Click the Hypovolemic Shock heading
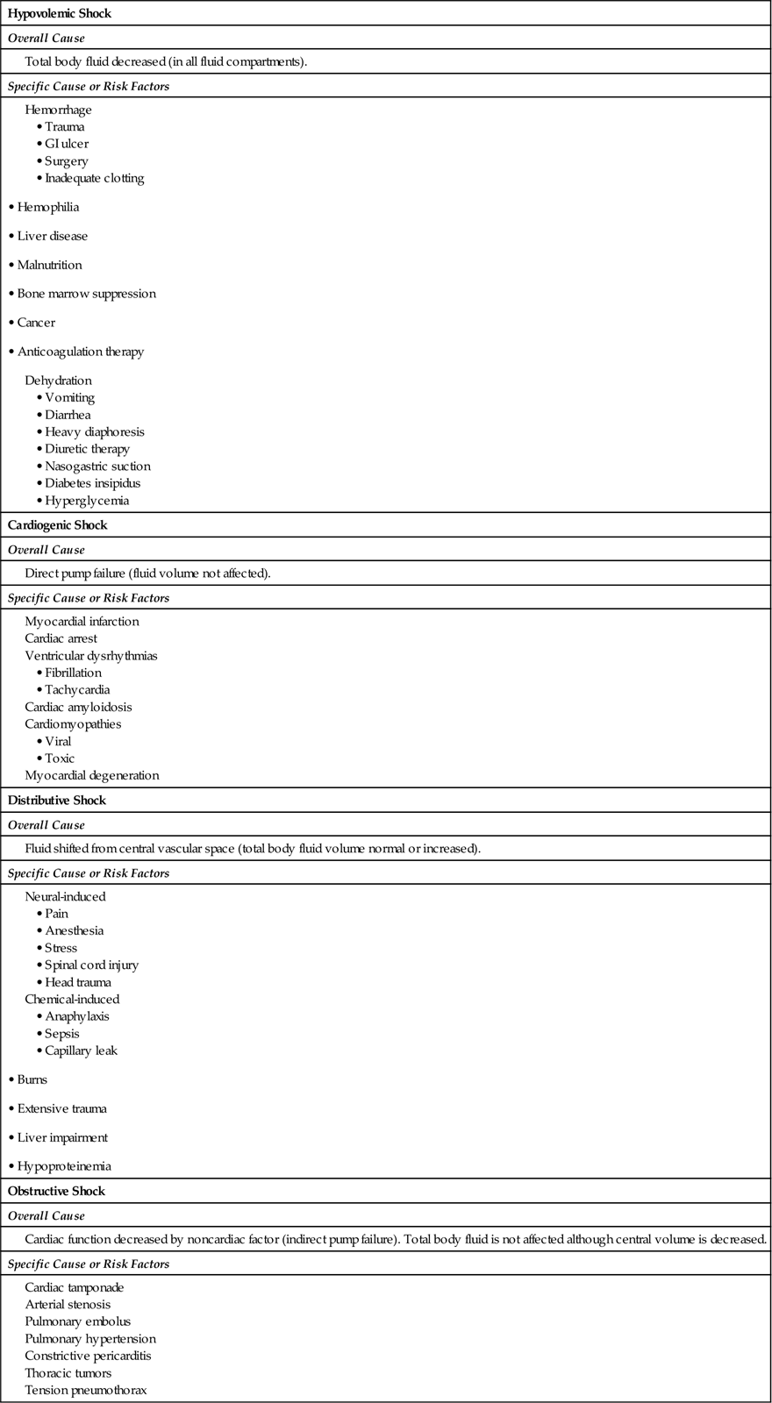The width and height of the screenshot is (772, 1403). point(60,14)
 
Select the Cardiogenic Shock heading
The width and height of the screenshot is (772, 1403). point(57,525)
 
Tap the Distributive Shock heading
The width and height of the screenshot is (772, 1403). point(56,801)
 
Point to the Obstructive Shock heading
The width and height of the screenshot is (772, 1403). point(56,1192)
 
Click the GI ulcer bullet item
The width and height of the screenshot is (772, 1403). point(67,144)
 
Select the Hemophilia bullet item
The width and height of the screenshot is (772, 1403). point(48,208)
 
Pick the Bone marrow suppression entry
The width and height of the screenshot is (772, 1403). point(86,294)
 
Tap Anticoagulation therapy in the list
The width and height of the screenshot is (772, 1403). point(81,352)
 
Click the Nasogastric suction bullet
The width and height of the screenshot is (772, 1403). point(97,466)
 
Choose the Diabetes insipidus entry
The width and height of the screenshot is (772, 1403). point(92,483)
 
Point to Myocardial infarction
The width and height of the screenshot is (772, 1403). point(82,622)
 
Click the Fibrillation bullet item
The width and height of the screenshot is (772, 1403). point(73,673)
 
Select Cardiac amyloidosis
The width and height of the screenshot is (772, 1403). point(78,707)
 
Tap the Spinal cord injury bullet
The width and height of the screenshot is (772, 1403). point(91,965)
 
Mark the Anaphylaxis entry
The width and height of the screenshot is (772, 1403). point(77,1016)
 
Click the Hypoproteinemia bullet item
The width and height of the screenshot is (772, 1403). point(64,1166)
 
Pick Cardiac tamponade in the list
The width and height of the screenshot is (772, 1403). point(75,1288)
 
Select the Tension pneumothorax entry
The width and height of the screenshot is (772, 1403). point(85,1391)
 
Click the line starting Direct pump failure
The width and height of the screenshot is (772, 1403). point(147,573)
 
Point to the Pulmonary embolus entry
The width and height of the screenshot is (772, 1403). point(77,1322)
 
